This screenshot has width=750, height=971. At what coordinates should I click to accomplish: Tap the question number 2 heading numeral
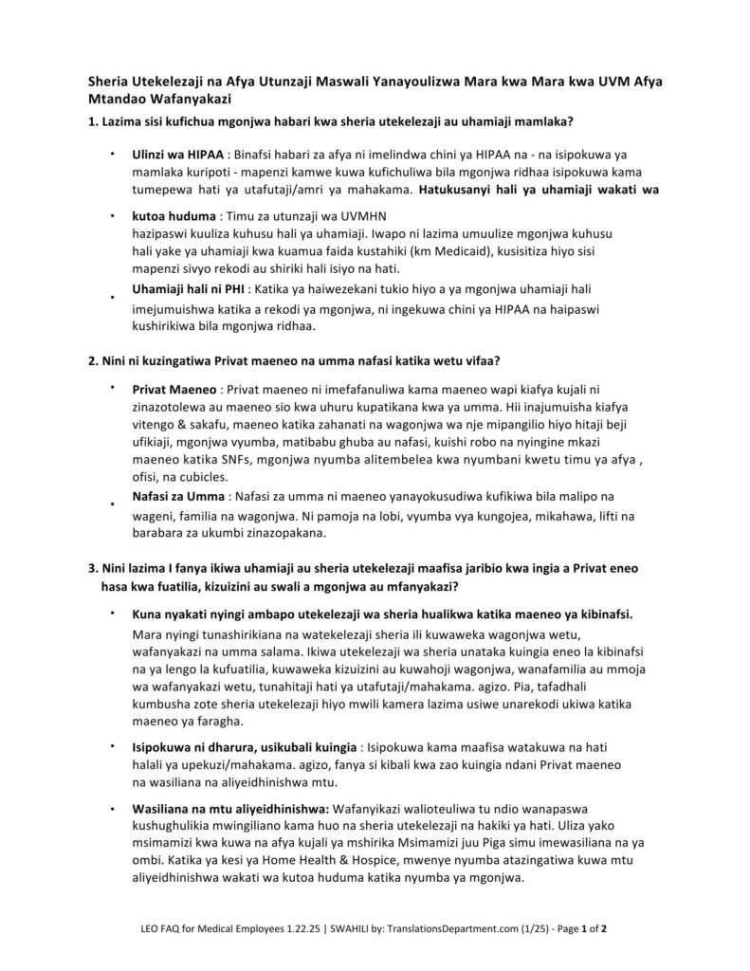click(x=91, y=360)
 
